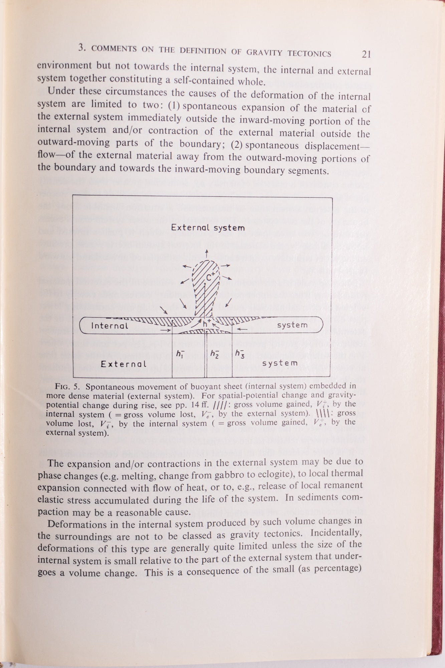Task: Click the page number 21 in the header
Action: (366, 54)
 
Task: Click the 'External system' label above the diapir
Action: (208, 228)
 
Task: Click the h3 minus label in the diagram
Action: (240, 353)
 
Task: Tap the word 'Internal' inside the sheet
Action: (109, 325)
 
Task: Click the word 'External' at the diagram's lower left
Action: (124, 364)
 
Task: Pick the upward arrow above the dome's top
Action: (207, 253)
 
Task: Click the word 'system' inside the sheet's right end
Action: (292, 325)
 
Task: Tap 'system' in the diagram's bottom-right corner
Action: (279, 363)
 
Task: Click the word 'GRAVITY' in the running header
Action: (265, 52)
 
